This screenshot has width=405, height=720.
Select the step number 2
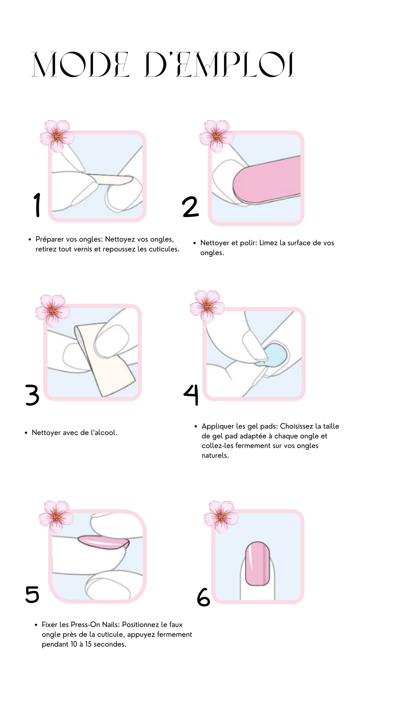point(190,207)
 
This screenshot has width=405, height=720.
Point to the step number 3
point(32,395)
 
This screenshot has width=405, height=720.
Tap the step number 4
point(191,395)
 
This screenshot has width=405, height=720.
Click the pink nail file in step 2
point(267,180)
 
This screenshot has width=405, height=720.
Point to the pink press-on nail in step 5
point(103,542)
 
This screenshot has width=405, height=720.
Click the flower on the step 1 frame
point(57,136)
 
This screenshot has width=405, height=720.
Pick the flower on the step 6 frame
point(221,517)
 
